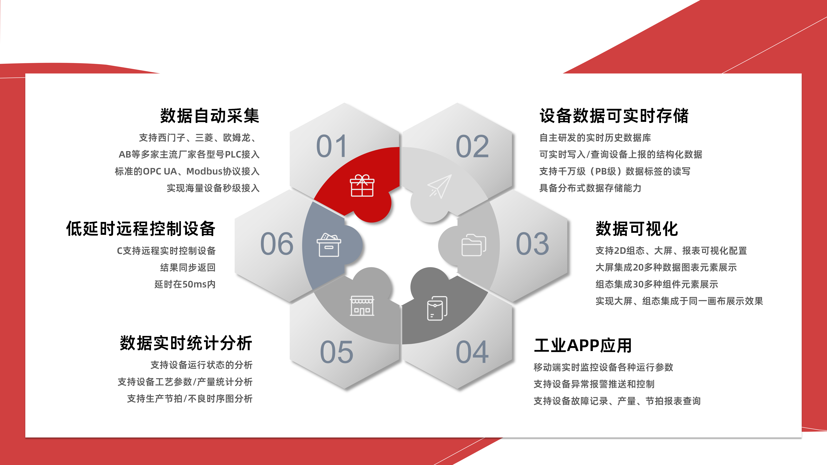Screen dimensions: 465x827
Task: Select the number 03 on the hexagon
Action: coord(532,244)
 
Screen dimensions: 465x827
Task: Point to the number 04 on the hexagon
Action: coord(472,352)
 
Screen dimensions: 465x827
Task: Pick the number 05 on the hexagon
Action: coord(336,352)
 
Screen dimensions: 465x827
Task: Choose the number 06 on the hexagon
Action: coord(277,244)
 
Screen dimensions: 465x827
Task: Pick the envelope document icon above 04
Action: coord(437,308)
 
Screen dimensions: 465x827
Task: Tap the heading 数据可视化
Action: coord(637,229)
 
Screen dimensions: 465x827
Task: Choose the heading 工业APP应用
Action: coord(583,346)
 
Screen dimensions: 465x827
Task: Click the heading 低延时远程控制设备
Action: coord(141,229)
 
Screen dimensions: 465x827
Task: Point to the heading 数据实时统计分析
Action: coord(186,343)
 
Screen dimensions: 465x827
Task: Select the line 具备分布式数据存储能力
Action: coord(590,188)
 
